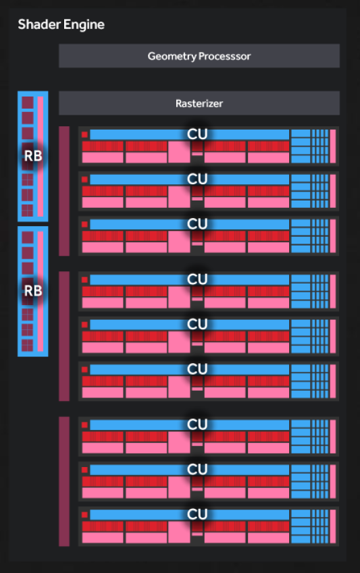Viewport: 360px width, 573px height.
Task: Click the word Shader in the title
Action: click(39, 24)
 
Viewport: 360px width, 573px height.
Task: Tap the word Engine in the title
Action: click(84, 25)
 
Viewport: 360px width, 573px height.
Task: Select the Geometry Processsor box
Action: click(199, 56)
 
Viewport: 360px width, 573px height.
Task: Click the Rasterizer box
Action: click(199, 103)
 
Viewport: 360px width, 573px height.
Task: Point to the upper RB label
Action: click(33, 156)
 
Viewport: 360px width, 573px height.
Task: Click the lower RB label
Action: click(33, 291)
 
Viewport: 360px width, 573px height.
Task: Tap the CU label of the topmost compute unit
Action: click(197, 134)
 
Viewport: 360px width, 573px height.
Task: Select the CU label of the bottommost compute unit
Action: click(197, 514)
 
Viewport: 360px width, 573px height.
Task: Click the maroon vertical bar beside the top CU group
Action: click(64, 191)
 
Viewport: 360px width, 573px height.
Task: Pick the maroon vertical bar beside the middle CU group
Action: click(64, 336)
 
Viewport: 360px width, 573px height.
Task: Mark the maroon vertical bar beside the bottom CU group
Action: click(64, 481)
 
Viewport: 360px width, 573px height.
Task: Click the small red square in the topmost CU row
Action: click(84, 134)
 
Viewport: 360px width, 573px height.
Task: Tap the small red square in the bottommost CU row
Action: click(84, 514)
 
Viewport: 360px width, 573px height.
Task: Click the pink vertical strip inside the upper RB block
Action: click(41, 157)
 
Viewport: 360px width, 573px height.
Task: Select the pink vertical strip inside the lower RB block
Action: click(41, 292)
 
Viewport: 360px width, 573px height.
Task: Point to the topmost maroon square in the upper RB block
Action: click(28, 103)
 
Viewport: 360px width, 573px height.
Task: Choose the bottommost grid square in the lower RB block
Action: click(28, 346)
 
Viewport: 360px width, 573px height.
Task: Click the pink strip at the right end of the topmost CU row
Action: click(333, 146)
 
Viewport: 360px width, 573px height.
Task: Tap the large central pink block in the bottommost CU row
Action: click(179, 532)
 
